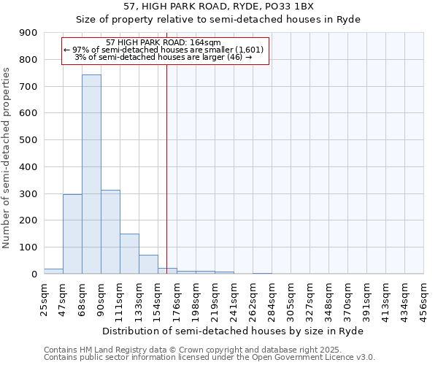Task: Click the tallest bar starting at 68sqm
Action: pyautogui.click(x=91, y=175)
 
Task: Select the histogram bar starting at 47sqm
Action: pyautogui.click(x=72, y=234)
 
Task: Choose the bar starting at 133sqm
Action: pyautogui.click(x=148, y=264)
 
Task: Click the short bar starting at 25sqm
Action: pyautogui.click(x=53, y=271)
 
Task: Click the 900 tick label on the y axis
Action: pyautogui.click(x=28, y=33)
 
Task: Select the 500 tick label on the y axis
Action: pyautogui.click(x=28, y=140)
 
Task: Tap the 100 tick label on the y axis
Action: pyautogui.click(x=28, y=247)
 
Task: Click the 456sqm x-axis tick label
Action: pyautogui.click(x=423, y=298)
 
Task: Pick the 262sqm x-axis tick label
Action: pyautogui.click(x=253, y=298)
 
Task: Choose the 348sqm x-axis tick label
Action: pyautogui.click(x=328, y=298)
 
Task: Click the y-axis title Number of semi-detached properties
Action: pyautogui.click(x=7, y=157)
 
